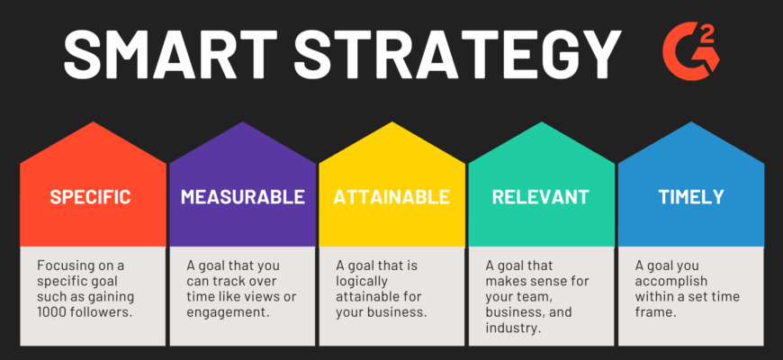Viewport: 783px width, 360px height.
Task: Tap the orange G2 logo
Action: pos(691,51)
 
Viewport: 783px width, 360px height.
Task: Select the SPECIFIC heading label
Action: pos(90,197)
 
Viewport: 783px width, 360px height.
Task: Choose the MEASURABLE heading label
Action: pos(243,197)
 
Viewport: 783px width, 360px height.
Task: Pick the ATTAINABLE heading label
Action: pos(392,197)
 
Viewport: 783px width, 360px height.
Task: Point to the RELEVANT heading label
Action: pos(541,197)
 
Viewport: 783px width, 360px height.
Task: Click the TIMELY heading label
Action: pos(691,197)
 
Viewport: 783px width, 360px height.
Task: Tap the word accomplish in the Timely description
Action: pos(671,282)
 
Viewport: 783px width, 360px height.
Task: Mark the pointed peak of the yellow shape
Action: pos(392,121)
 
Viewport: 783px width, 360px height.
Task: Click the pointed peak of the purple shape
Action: pos(243,121)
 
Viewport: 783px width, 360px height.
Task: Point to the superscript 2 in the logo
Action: pos(711,31)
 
